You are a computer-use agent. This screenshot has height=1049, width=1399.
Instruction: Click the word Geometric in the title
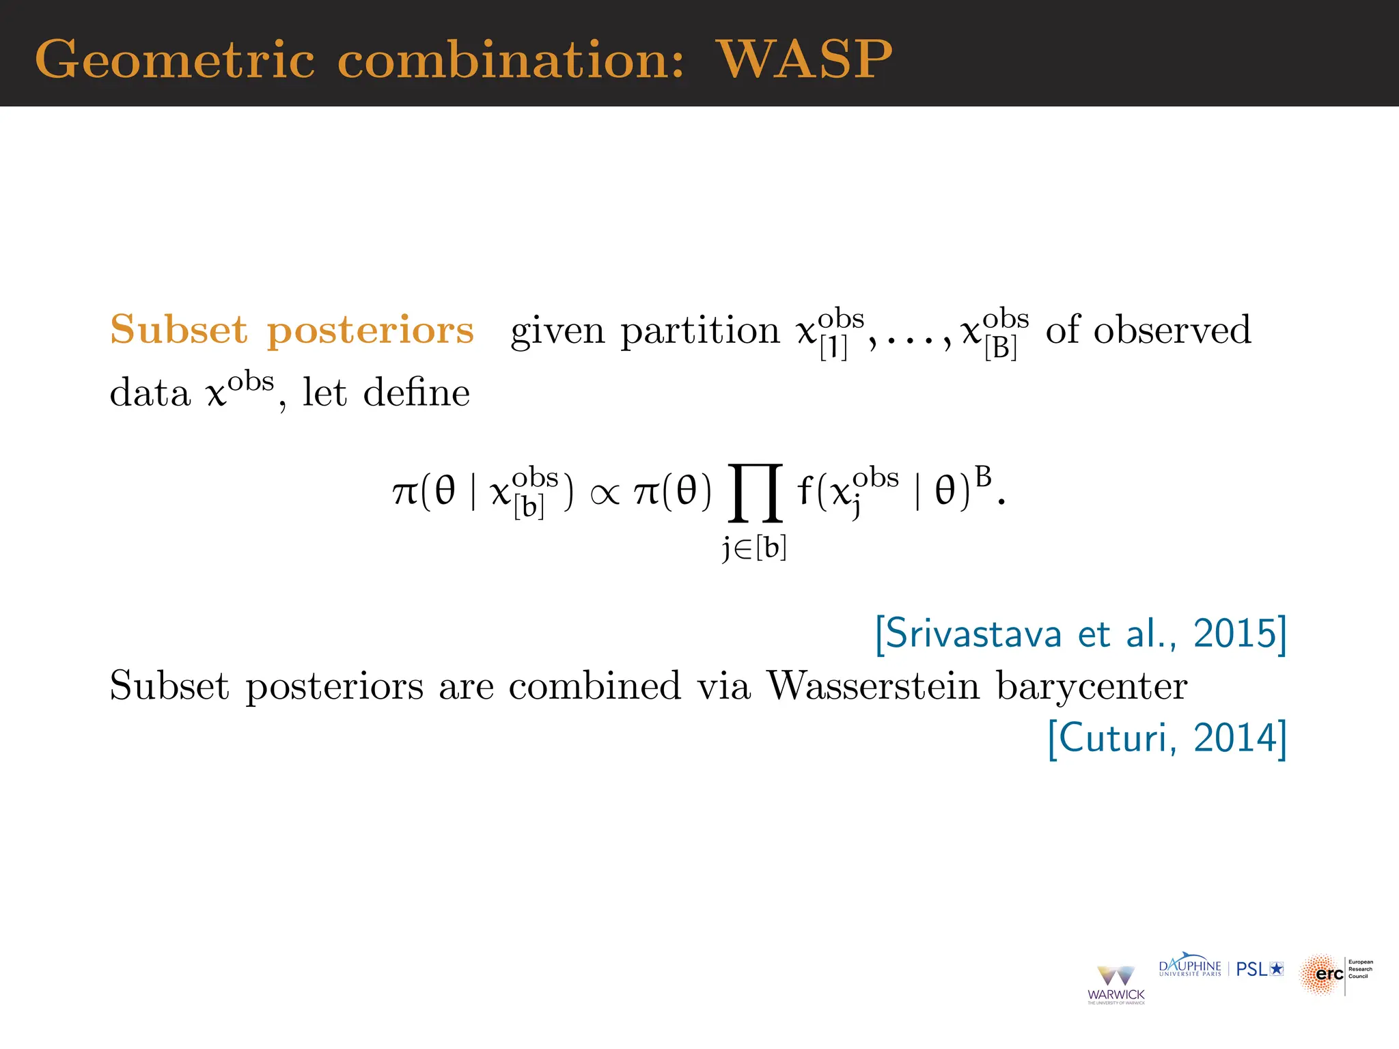pos(175,60)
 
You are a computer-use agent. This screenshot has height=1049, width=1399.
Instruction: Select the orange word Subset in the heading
pos(178,330)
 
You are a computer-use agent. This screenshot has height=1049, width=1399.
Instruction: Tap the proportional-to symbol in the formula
pos(605,493)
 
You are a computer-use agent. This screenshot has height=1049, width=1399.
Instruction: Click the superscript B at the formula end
pos(983,477)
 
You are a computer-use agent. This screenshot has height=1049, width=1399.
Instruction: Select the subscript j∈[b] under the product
pos(755,548)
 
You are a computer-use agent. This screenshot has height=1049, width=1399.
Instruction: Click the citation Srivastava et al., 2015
pos(1081,634)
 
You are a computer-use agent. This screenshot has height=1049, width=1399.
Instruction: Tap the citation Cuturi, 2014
pos(1167,738)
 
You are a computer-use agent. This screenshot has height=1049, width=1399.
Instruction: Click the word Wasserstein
pos(873,686)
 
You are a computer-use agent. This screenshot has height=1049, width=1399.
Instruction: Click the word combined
pos(594,686)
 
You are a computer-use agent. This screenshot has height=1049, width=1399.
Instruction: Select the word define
pos(416,393)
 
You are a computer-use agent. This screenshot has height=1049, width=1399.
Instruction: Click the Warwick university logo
pos(1116,984)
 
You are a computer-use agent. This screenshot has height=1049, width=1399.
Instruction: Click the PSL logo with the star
pos(1260,969)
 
